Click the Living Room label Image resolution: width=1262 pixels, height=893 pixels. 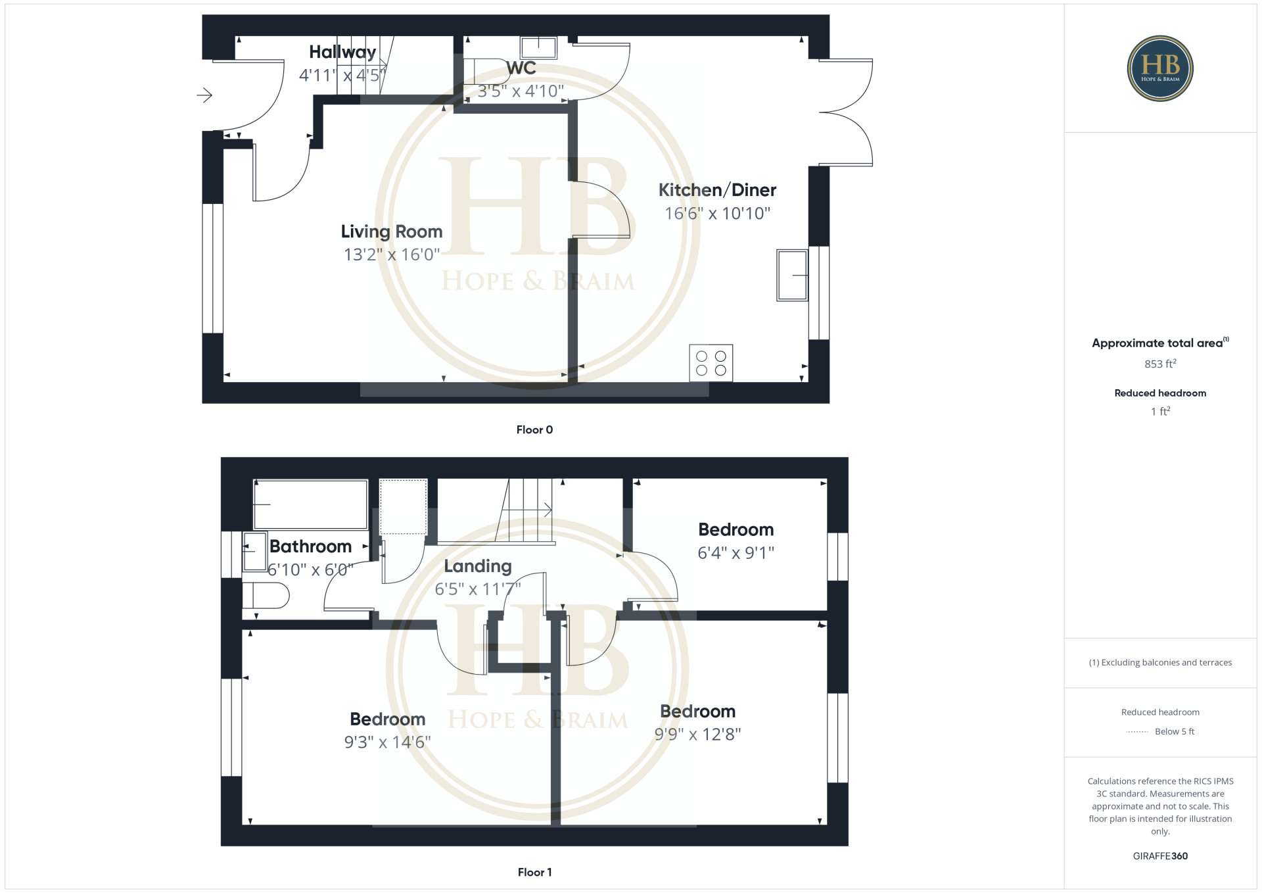click(x=392, y=232)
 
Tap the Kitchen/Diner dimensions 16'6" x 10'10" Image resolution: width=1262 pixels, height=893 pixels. click(x=717, y=214)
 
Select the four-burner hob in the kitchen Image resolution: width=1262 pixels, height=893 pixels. click(x=711, y=363)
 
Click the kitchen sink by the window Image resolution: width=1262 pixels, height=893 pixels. click(x=792, y=276)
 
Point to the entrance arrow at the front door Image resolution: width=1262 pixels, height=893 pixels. click(x=204, y=95)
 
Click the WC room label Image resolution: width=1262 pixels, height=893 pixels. click(x=521, y=68)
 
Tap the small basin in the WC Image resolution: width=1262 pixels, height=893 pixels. click(x=539, y=47)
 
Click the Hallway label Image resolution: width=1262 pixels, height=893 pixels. click(x=342, y=52)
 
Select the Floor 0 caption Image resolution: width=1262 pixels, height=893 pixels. click(x=534, y=430)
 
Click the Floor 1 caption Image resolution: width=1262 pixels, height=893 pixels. click(x=534, y=873)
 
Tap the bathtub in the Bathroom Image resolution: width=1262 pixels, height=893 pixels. click(x=310, y=504)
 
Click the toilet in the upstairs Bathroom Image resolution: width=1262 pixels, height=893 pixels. click(x=266, y=596)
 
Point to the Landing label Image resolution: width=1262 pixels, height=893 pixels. click(x=478, y=566)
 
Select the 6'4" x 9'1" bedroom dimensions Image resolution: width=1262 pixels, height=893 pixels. click(x=736, y=553)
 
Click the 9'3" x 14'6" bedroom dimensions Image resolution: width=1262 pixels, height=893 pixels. click(x=388, y=742)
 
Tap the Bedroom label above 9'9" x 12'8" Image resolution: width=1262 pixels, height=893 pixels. click(x=697, y=712)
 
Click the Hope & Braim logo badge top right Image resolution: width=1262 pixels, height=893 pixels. click(x=1160, y=68)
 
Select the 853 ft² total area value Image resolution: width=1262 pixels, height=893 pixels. click(x=1160, y=364)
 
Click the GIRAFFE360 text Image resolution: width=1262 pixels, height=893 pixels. click(x=1160, y=856)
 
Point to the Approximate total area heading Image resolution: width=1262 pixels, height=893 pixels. click(x=1160, y=343)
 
